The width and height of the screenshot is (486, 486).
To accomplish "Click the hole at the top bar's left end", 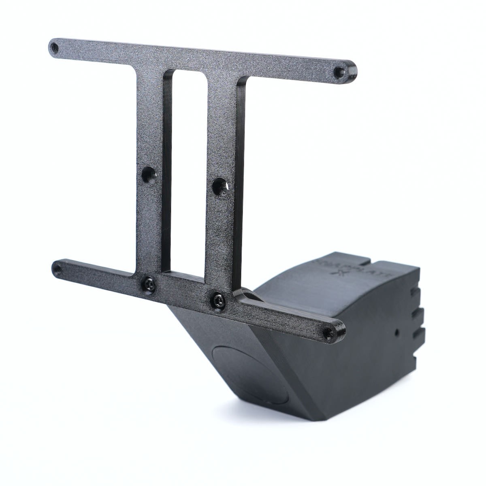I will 55,49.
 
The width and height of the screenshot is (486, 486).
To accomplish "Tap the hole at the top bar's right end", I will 338,72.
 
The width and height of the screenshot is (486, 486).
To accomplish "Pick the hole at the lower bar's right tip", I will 327,332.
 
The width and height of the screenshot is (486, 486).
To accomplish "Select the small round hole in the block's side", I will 397,332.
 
